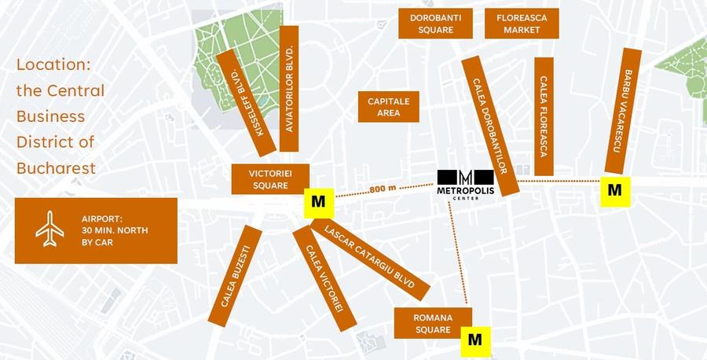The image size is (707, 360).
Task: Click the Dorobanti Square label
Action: [x=435, y=24]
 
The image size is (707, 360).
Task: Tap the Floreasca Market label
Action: [x=522, y=24]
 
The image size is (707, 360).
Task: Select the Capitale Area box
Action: [x=389, y=107]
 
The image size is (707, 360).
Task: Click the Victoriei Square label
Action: [x=270, y=179]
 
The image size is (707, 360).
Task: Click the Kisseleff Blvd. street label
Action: [x=247, y=103]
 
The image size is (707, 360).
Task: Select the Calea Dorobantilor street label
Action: [x=490, y=126]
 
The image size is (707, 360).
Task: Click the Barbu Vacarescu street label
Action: [x=624, y=111]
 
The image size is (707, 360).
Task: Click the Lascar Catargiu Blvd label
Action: [x=370, y=259]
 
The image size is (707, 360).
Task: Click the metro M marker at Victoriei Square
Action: [x=318, y=202]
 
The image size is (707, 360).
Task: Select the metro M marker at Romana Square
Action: [x=474, y=340]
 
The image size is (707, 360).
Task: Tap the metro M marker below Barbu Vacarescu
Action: [x=615, y=190]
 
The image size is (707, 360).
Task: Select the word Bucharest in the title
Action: [x=56, y=167]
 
